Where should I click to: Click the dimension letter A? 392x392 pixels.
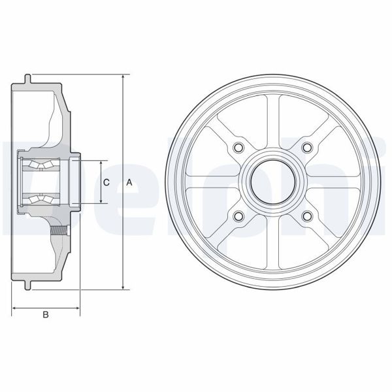129,182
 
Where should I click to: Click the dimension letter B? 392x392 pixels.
46,315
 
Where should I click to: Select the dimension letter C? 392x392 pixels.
106,182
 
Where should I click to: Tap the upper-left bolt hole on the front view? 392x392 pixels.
238,146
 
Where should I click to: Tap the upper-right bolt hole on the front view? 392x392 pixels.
306,146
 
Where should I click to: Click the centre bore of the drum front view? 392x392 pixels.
272,180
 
